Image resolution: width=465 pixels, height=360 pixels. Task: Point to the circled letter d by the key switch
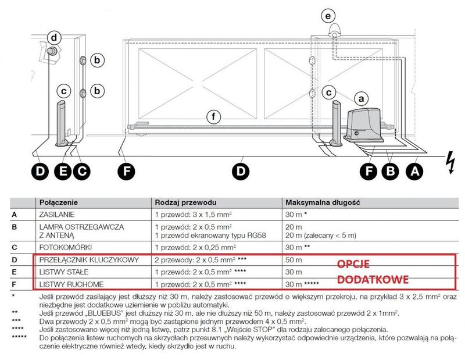tap(54, 38)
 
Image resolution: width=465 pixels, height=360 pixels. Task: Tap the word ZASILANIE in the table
tap(57, 215)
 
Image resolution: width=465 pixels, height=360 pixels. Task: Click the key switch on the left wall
tap(51, 53)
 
